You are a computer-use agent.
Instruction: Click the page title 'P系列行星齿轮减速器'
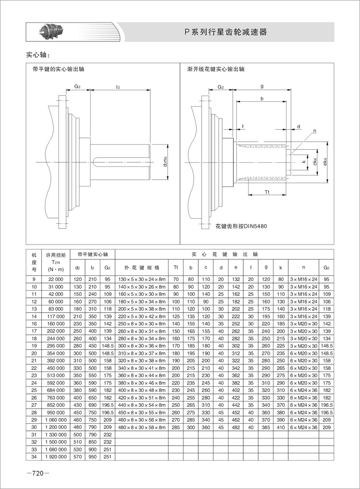click(225, 33)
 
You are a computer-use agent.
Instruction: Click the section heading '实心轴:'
click(38, 55)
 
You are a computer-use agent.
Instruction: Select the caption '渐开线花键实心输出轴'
click(216, 69)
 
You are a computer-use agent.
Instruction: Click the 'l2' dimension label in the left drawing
click(118, 87)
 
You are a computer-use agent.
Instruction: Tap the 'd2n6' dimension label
click(165, 162)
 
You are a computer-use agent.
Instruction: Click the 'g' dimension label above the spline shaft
click(262, 86)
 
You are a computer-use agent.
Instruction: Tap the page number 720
click(37, 474)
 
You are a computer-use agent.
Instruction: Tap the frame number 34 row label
click(34, 456)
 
